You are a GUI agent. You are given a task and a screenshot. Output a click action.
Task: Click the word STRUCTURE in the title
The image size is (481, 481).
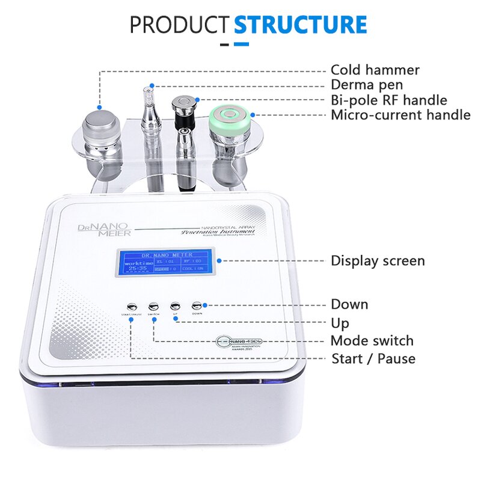[x=300, y=25]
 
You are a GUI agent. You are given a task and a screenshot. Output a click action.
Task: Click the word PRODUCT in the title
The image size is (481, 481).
[x=180, y=25]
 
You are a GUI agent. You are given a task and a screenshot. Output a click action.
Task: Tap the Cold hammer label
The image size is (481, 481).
[x=375, y=70]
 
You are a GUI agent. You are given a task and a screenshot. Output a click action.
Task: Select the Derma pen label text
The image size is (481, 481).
[x=367, y=85]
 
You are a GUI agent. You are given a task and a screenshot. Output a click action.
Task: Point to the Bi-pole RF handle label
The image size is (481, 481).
[x=389, y=100]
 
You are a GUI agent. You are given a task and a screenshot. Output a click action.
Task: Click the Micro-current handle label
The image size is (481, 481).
[x=400, y=115]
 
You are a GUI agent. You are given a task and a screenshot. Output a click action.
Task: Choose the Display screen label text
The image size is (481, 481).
[x=378, y=261]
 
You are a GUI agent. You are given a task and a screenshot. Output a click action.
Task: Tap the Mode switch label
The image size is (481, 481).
[x=372, y=341]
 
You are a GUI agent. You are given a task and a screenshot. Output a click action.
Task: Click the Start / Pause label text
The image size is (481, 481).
[x=373, y=359]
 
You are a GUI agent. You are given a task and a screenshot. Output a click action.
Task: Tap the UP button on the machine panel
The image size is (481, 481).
[x=175, y=305]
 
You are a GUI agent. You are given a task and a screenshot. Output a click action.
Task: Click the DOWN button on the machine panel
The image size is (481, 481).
[x=197, y=305]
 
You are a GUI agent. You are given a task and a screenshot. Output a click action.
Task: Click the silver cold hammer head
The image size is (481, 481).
[x=99, y=122]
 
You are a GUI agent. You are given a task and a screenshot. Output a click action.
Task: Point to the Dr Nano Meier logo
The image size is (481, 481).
[x=98, y=229]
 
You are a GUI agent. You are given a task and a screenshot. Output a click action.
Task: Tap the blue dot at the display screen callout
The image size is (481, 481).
[x=220, y=260]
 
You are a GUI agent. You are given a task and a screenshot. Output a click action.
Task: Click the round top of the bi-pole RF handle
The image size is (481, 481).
[x=182, y=102]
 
